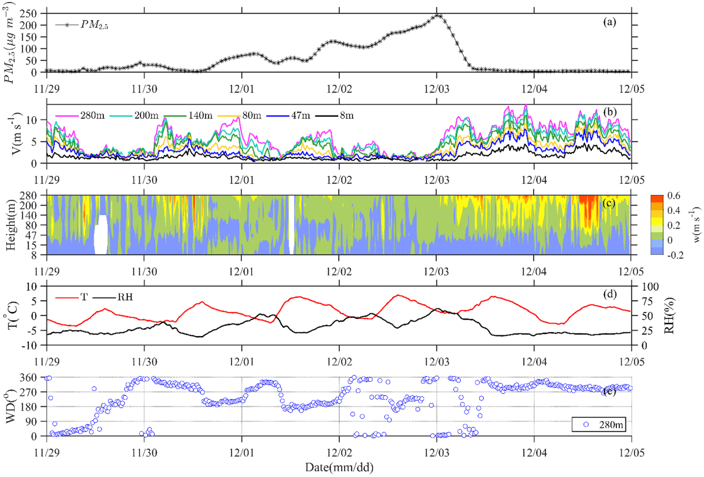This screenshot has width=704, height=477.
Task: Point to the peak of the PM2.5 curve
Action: pyautogui.click(x=438, y=15)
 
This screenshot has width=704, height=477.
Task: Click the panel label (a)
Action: pyautogui.click(x=609, y=22)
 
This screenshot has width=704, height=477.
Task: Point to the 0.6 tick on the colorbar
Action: pyautogui.click(x=673, y=196)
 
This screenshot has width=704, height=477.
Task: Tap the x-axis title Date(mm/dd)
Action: pyautogui.click(x=339, y=467)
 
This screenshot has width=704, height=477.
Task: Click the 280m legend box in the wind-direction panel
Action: pyautogui.click(x=599, y=424)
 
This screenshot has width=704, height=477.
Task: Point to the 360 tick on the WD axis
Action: pyautogui.click(x=34, y=377)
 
